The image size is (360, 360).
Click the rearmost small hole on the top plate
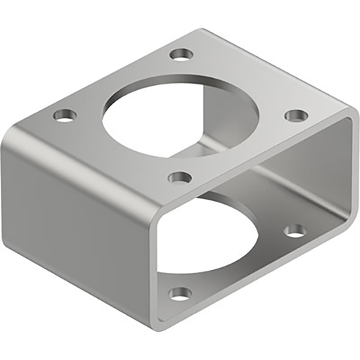coord(181,53)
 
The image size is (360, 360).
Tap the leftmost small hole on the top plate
coord(64,115)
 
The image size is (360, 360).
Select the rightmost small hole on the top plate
coord(296,115)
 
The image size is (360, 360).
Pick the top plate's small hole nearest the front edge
coord(180,177)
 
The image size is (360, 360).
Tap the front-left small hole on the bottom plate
coord(180,292)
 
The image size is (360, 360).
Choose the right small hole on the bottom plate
coord(296,230)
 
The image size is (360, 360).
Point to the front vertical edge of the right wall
coord(349,176)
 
